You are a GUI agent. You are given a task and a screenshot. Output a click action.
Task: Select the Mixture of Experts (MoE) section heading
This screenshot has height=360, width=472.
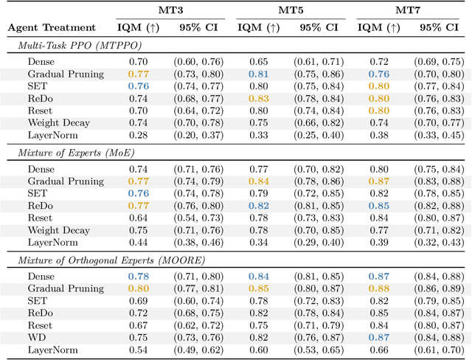(x=66, y=152)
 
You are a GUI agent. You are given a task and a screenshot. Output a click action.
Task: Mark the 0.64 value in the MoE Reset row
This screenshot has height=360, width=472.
(x=138, y=218)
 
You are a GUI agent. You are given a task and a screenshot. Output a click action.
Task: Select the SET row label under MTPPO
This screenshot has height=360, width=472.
(x=38, y=86)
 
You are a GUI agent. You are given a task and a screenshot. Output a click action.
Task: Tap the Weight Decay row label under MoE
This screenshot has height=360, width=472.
(x=58, y=230)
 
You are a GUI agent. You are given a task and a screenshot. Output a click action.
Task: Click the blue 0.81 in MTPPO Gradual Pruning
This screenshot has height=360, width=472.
(x=258, y=74)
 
